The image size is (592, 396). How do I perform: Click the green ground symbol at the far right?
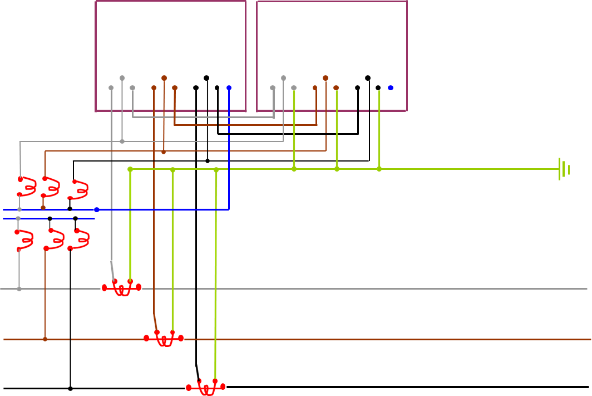[x=563, y=169]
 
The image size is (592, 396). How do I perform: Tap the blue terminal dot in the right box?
[x=391, y=88]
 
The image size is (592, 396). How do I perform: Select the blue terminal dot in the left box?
[x=229, y=88]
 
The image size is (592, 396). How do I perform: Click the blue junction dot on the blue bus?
[x=97, y=210]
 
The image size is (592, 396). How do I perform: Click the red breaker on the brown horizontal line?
[x=164, y=339]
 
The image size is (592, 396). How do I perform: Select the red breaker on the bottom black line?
[x=206, y=387]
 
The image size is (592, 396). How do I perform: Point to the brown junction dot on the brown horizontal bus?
[x=45, y=339]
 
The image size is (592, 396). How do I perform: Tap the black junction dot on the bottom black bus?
[x=70, y=388]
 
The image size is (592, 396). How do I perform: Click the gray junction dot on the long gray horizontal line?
[x=19, y=289]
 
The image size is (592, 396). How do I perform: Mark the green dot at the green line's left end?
[x=130, y=169]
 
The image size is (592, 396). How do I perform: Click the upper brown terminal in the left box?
[x=164, y=78]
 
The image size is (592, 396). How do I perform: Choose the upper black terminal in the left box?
[x=206, y=78]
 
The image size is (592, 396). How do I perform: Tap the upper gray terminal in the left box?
[x=122, y=78]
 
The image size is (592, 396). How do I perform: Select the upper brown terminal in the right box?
[x=325, y=78]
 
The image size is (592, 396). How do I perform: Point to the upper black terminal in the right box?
[x=368, y=78]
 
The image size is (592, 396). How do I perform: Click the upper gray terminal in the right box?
[x=283, y=78]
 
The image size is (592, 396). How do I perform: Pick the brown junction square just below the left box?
[x=164, y=151]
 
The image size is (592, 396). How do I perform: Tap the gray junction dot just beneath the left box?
[x=122, y=141]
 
